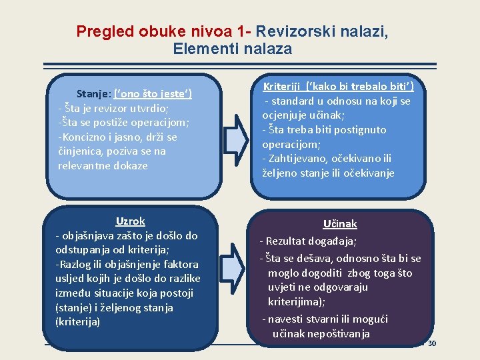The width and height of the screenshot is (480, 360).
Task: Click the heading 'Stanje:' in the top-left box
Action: coord(94,94)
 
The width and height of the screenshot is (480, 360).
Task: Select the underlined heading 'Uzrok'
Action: coord(130,221)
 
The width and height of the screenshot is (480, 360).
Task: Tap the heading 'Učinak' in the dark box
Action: coord(340,224)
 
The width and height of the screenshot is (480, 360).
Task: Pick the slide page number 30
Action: coord(431,343)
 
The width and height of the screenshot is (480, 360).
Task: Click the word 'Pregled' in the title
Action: coord(106,31)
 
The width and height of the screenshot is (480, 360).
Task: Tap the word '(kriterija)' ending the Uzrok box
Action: coord(78,322)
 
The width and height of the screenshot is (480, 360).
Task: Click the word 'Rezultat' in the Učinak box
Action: coord(287,241)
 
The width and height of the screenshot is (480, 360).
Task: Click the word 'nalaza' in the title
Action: coord(270,49)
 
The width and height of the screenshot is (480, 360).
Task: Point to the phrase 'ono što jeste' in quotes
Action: coord(153,94)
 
